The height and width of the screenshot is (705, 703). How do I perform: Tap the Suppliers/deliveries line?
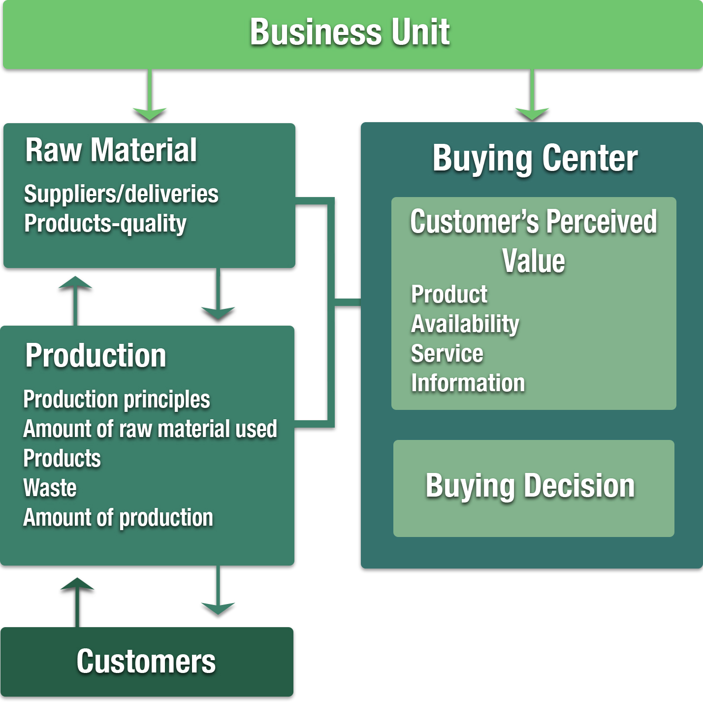tap(121, 194)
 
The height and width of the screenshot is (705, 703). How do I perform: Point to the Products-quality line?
tap(105, 224)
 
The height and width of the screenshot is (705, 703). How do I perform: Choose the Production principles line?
tap(117, 399)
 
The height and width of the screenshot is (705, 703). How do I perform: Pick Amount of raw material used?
tap(150, 429)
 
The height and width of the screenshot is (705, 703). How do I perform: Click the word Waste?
tap(50, 488)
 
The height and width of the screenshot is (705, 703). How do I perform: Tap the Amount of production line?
tap(118, 518)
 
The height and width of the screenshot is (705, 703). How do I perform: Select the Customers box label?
tap(146, 662)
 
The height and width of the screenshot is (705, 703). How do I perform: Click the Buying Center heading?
tap(535, 159)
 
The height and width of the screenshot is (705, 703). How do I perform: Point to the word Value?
tap(533, 261)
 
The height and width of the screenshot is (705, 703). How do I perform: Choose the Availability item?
tap(465, 324)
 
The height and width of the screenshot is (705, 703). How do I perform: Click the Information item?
tap(468, 383)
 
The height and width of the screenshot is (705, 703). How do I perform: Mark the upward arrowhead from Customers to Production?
tap(77, 584)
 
